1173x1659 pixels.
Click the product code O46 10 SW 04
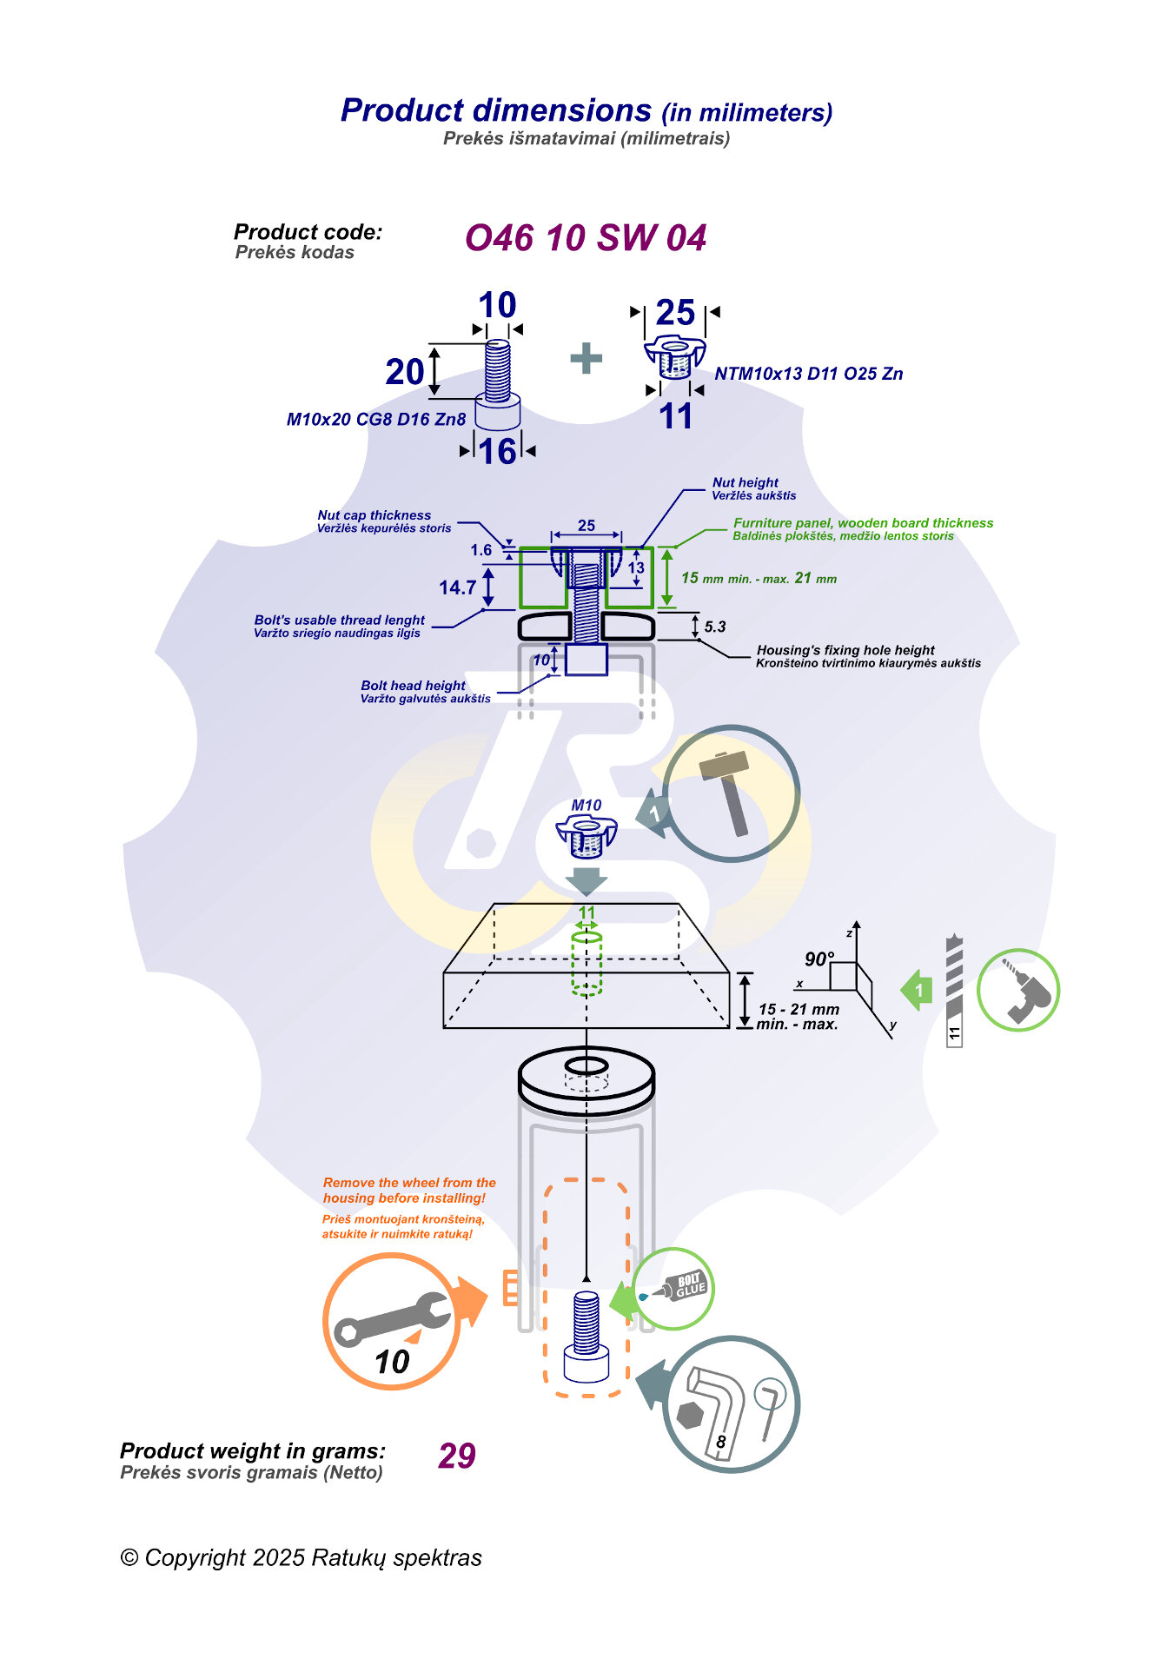[x=585, y=238]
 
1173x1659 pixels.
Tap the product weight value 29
[x=457, y=1456]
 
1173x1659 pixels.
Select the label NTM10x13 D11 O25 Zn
[x=808, y=374]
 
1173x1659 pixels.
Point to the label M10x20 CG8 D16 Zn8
[x=376, y=420]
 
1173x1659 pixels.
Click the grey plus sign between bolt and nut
[x=586, y=358]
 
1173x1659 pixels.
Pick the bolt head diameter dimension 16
[x=498, y=452]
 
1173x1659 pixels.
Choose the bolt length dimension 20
[x=404, y=372]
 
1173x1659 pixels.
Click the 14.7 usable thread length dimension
[x=457, y=588]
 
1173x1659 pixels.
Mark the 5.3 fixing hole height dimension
[x=714, y=627]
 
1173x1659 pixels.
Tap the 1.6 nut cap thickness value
[x=480, y=550]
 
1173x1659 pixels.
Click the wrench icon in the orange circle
[x=391, y=1320]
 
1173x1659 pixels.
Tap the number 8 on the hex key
[x=720, y=1442]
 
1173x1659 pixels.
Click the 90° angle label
[x=818, y=959]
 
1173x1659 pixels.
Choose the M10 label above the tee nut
[x=586, y=806]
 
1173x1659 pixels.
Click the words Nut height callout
[x=746, y=482]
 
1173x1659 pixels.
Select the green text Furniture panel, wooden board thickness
[x=863, y=523]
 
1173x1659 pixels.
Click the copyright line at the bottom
[x=301, y=1557]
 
